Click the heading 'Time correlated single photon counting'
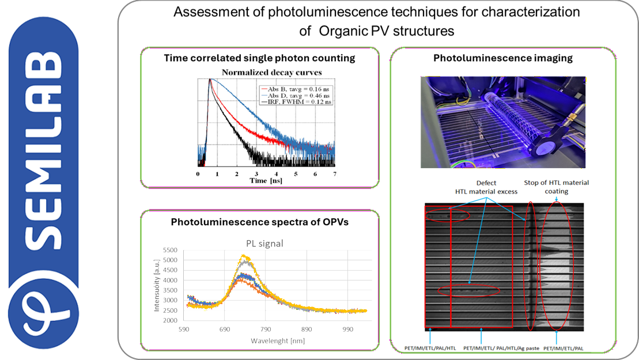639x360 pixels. tap(259, 58)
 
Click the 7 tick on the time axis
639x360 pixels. tap(335, 173)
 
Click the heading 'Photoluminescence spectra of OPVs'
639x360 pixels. tap(259, 222)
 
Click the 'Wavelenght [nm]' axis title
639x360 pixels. tap(277, 340)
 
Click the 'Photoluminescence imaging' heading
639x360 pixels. tap(502, 58)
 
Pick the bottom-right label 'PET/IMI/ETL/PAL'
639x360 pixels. tap(568, 348)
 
